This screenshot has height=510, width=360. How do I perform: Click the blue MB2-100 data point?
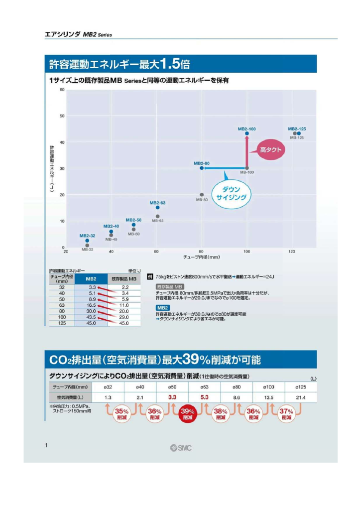pos(247,133)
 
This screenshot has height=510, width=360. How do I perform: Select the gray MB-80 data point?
pos(202,195)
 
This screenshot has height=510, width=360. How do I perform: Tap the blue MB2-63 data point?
pos(158,208)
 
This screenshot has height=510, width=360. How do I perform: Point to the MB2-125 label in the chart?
pos(297,128)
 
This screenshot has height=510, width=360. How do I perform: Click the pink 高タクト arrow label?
pos(272,149)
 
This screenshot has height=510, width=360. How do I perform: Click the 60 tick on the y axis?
pos(62,90)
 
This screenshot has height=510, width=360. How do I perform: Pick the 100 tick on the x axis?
pos(247,252)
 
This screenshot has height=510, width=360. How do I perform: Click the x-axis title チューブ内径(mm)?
pos(202,257)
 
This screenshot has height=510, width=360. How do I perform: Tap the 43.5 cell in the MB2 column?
pos(92,317)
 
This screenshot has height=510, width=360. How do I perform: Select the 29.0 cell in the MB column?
pos(124,317)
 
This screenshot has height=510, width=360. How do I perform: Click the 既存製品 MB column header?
pos(124,279)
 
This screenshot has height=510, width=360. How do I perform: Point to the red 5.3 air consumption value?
pos(205,397)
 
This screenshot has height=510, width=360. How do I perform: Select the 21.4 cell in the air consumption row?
pos(300,397)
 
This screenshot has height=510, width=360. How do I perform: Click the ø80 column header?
pos(237,386)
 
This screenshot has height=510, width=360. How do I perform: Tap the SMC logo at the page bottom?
pos(180,448)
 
